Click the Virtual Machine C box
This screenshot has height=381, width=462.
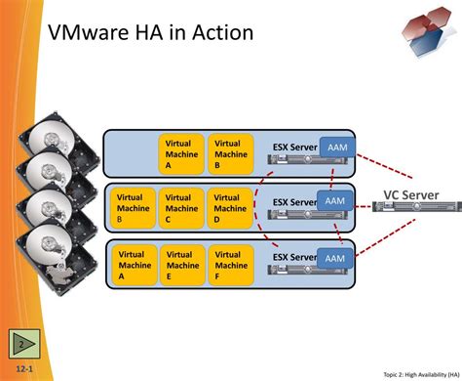[181, 208]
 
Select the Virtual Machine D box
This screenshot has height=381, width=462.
[230, 208]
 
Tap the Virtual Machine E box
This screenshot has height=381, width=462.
[181, 265]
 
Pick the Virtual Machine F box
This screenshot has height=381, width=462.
[230, 265]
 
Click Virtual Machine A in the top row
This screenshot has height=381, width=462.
[181, 154]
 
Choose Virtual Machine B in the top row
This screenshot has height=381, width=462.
[230, 154]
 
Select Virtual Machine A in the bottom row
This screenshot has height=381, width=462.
[134, 265]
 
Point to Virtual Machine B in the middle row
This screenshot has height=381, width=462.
[134, 208]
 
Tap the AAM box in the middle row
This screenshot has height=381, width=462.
[334, 200]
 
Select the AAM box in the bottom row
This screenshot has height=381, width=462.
[334, 258]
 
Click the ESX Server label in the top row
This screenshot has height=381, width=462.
[294, 148]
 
